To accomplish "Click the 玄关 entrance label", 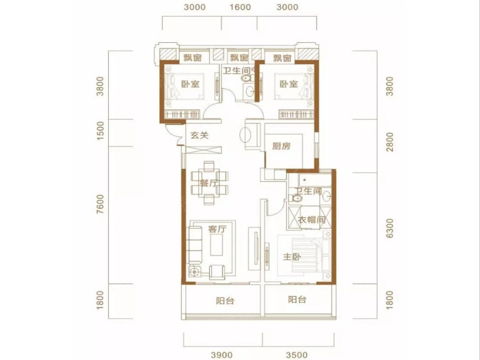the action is point(199,135).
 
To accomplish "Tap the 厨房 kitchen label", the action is point(282,146).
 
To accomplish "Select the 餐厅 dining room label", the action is point(209,184).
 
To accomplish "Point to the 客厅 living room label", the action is point(217,229).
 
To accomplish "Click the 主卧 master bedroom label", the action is point(291,257).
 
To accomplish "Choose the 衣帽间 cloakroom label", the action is point(311,220).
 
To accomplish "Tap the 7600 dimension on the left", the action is point(100,204).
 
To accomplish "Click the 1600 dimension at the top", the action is point(240,7).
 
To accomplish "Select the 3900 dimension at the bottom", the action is point(221,355).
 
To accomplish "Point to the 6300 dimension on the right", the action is point(389,228).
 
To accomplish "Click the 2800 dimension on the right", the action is point(389,142).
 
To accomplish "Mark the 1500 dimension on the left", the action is point(100,131).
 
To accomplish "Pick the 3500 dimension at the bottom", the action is point(296,355).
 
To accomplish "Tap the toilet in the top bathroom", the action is point(246,78).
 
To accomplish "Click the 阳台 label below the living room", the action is point(225,301).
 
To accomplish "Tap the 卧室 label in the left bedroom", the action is point(191,84).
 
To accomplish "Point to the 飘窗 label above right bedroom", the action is point(282,58).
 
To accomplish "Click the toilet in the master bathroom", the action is point(295,198).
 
